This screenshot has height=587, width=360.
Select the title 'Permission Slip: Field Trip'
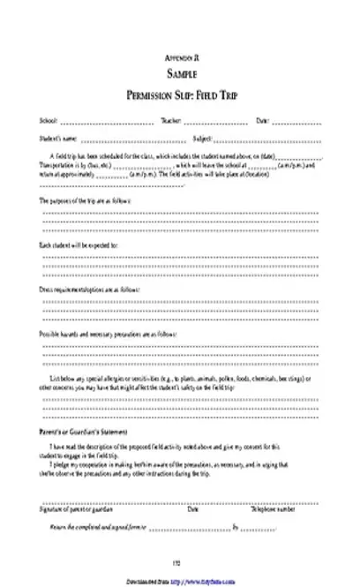179,95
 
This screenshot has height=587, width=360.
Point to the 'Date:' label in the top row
262,120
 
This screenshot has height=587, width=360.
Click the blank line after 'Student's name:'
132,139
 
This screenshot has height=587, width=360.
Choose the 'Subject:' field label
202,139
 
